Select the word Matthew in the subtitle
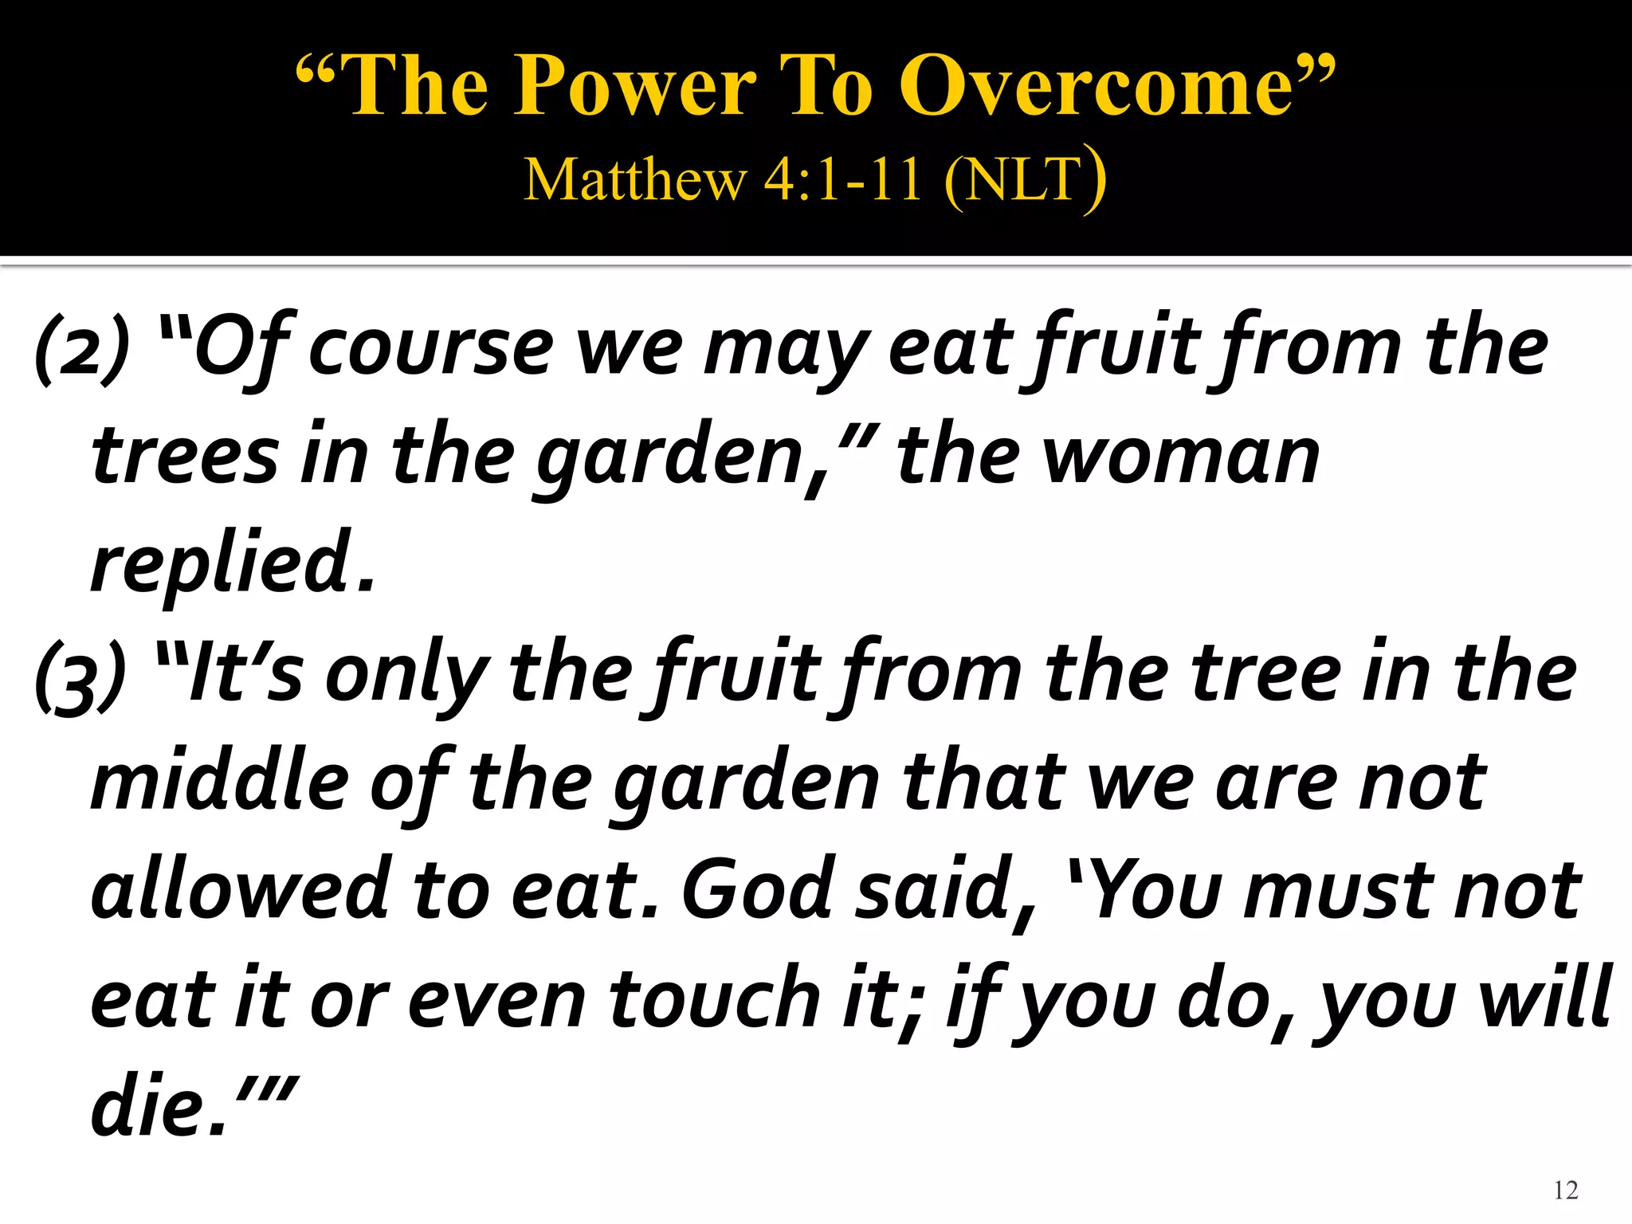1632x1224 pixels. tap(634, 179)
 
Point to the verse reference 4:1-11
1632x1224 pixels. tap(842, 179)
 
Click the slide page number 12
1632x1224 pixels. tap(1565, 1190)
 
